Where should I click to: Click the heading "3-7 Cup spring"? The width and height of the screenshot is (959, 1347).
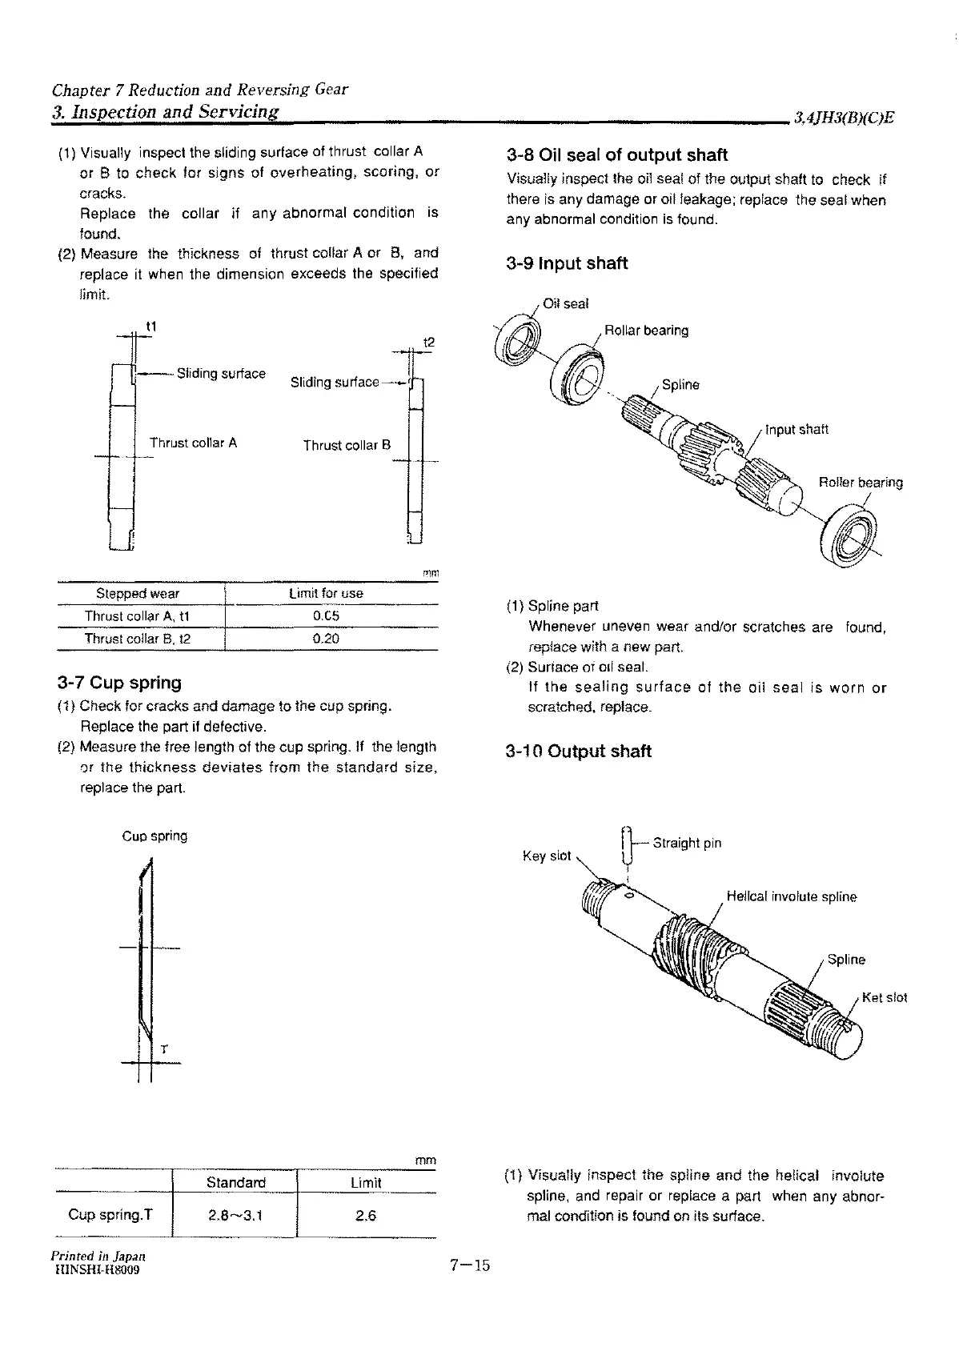click(119, 683)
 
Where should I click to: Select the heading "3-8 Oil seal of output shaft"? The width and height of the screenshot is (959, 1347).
click(617, 155)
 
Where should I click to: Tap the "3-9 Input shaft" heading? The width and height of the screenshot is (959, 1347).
click(567, 263)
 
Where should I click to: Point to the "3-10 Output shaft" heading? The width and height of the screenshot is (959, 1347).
click(579, 752)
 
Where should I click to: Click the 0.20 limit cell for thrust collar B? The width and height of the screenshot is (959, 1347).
click(326, 639)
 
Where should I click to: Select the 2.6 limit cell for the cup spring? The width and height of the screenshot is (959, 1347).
click(365, 1216)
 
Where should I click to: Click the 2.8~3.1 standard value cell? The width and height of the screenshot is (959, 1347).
click(235, 1216)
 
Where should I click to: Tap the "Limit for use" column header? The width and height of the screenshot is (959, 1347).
click(326, 593)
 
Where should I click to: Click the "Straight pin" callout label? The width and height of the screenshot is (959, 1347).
click(687, 843)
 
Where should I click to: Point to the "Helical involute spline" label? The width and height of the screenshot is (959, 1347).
click(791, 896)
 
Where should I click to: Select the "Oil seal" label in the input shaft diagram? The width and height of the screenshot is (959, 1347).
click(565, 303)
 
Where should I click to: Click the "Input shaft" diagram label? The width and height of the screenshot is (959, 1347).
click(796, 429)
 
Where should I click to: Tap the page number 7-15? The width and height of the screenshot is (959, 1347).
click(469, 1265)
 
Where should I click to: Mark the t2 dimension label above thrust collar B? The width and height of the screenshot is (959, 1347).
click(428, 343)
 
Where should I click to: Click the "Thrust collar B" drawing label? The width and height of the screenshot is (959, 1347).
click(347, 445)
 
